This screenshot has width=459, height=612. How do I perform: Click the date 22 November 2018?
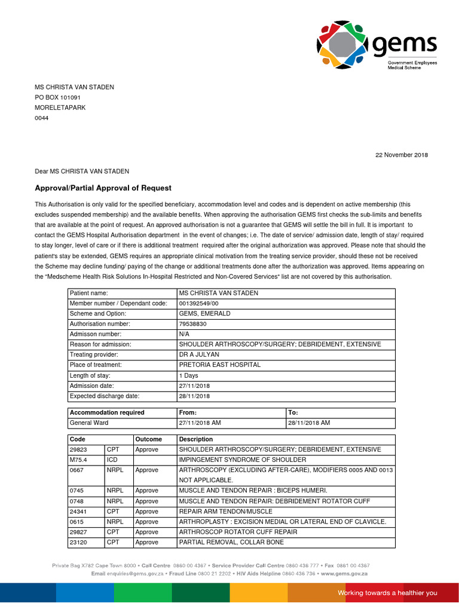[x=401, y=155]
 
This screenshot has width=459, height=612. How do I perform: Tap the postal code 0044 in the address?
[x=42, y=118]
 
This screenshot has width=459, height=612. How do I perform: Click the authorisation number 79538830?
[x=192, y=324]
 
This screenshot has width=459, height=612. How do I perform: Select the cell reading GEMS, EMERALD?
[x=204, y=314]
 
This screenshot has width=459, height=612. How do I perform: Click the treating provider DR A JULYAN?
[x=199, y=354]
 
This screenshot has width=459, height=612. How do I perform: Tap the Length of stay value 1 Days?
[x=189, y=375]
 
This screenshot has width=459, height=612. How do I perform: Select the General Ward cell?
[x=89, y=423]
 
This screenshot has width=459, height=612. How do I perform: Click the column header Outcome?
[x=148, y=439]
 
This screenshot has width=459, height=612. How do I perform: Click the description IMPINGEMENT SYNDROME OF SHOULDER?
[x=242, y=460]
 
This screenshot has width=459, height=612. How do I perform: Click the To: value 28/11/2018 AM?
[x=309, y=423]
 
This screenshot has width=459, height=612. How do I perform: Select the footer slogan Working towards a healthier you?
[x=387, y=593]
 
